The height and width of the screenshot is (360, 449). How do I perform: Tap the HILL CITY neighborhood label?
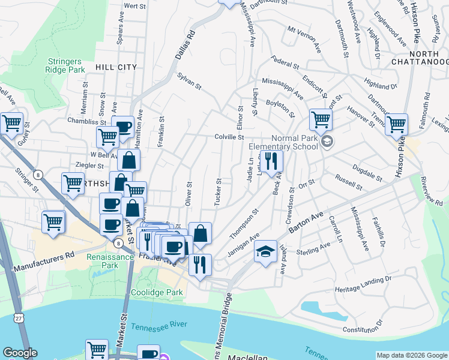115,67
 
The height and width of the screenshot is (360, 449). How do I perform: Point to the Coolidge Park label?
157,294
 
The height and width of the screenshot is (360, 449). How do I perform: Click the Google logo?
20,353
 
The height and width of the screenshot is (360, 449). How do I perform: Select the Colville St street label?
229,137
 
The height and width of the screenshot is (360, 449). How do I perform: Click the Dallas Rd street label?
186,46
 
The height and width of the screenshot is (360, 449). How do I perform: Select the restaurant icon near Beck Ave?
271,161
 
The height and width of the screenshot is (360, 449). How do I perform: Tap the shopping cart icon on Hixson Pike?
397,124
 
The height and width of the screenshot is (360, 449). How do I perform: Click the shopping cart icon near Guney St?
12,124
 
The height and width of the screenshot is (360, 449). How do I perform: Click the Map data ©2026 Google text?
412,355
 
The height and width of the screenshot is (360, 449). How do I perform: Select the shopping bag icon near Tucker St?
200,233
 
